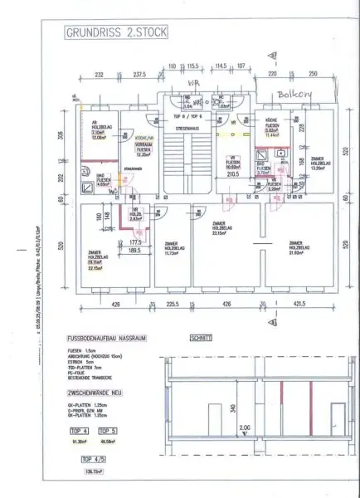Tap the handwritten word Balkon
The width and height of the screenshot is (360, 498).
point(294,95)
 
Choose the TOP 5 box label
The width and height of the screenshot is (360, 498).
point(109,431)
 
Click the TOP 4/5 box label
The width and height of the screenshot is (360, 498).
point(92,458)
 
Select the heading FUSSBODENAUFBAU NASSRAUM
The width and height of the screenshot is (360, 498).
point(114,339)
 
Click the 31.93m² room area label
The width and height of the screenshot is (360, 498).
point(297,252)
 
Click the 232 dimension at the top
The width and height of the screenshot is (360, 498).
point(98,74)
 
